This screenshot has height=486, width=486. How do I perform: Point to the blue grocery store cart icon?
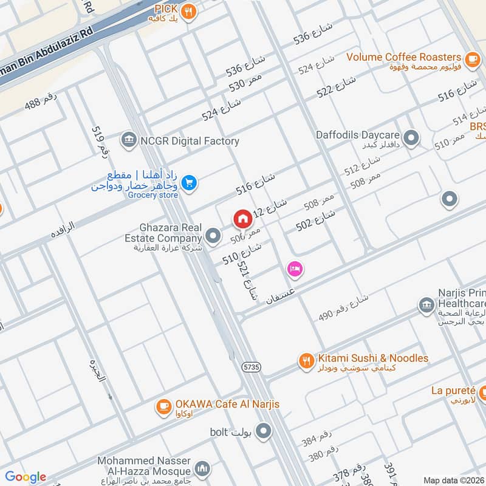click(189, 182)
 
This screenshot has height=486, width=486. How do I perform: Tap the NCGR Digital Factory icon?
click(128, 141)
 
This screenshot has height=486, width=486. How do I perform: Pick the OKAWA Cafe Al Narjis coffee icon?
click(163, 407)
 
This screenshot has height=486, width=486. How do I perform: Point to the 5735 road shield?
click(251, 367)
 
